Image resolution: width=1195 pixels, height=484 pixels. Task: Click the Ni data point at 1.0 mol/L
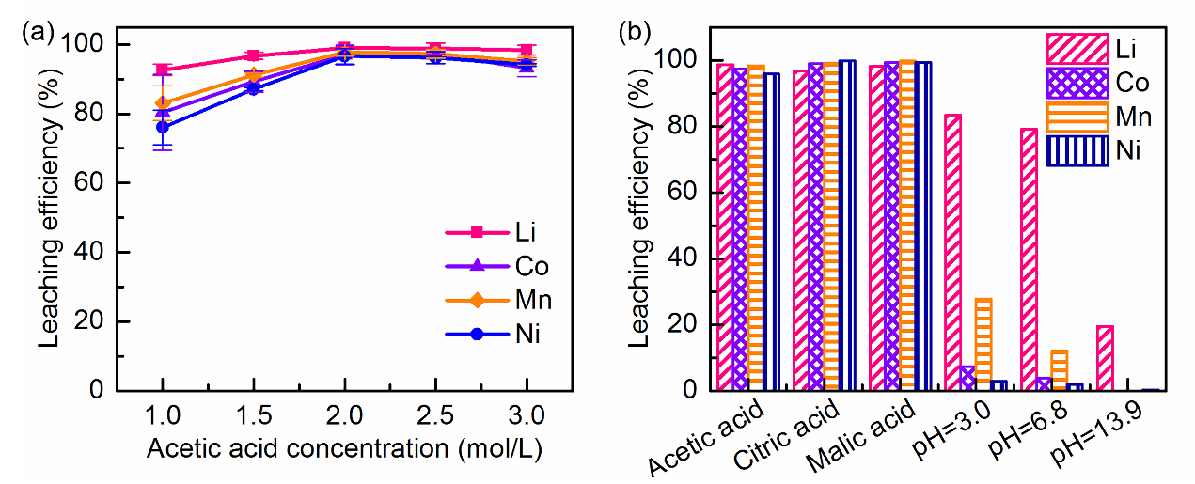coord(163,127)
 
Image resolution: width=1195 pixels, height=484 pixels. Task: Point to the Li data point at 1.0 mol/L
coord(163,70)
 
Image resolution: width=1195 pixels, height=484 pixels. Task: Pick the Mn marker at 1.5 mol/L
coord(253,75)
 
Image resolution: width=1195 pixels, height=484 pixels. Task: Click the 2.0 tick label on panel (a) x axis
coord(344,414)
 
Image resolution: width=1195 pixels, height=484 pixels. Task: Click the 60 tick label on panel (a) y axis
coord(92,183)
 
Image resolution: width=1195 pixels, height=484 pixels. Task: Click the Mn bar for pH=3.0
coord(983,343)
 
